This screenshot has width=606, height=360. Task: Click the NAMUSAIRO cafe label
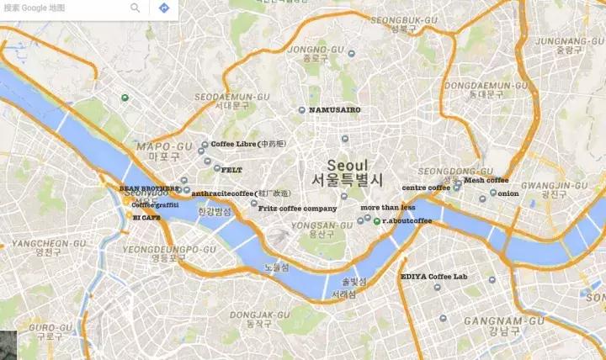335,110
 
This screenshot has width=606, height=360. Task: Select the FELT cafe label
231,169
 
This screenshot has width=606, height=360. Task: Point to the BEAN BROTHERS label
149,188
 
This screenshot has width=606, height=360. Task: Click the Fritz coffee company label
297,208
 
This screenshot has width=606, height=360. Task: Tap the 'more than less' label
387,207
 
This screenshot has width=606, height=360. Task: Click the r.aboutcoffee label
407,220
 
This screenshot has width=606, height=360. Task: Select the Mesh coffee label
486,179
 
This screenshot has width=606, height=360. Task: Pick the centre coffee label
426,188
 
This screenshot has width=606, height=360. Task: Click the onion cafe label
508,194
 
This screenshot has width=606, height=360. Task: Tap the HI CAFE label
146,217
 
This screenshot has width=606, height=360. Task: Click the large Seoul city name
348,165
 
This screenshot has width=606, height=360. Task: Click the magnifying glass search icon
136,8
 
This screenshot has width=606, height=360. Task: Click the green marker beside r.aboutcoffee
376,221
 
